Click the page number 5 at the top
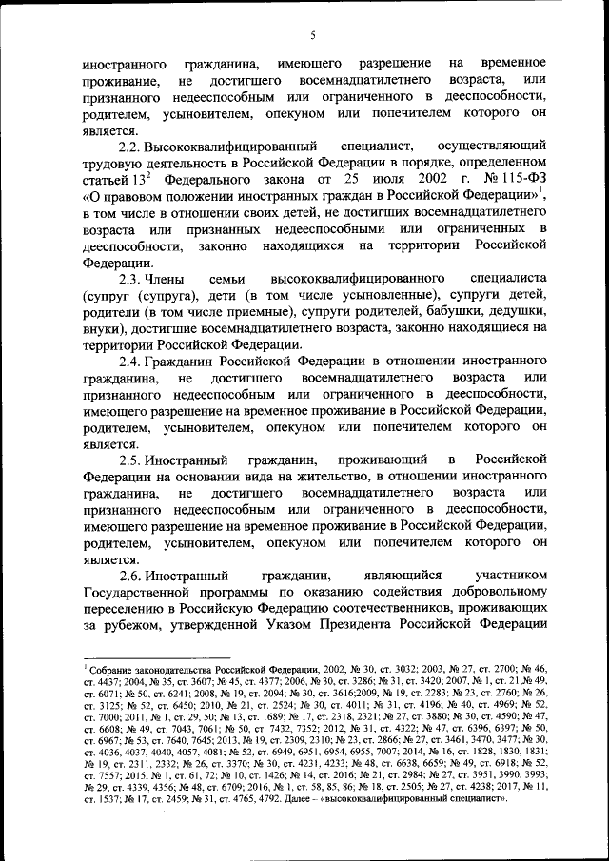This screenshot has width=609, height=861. click(x=311, y=36)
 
